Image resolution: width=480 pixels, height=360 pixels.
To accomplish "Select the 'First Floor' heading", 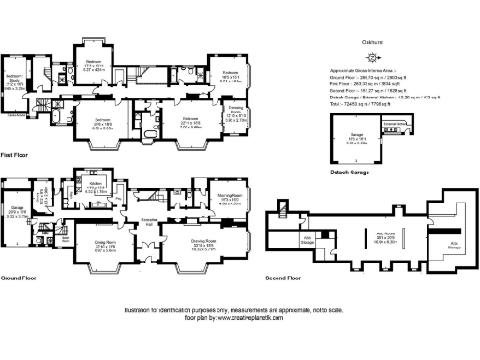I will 19,154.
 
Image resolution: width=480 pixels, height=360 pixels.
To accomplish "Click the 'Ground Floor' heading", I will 22,278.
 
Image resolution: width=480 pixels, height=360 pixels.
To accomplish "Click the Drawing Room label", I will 203,240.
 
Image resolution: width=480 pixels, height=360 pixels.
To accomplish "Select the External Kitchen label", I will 395,123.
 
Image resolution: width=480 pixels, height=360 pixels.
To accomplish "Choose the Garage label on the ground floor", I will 16,206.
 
